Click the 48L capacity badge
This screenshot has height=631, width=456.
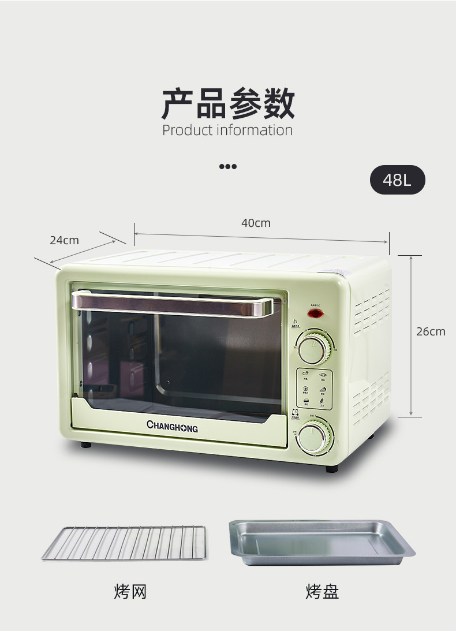[x=397, y=180]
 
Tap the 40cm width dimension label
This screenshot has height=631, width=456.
[x=256, y=223]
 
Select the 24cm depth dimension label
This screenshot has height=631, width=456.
[x=64, y=240]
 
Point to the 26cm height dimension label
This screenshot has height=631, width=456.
[x=431, y=331]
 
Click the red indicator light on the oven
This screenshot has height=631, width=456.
[x=315, y=314]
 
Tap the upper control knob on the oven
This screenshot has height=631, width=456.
[x=315, y=348]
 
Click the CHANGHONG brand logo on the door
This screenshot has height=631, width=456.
[x=172, y=427]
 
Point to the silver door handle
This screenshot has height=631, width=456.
[x=172, y=303]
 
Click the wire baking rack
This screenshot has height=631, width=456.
[x=124, y=543]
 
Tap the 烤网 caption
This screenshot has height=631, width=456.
[x=130, y=592]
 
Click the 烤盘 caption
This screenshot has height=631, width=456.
[x=322, y=592]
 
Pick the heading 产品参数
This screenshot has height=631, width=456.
[x=227, y=104]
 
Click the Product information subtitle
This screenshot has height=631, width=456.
[x=227, y=130]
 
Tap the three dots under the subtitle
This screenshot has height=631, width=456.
[x=227, y=167]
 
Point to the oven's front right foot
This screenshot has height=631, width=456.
[x=332, y=469]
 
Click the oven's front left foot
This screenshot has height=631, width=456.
[x=86, y=445]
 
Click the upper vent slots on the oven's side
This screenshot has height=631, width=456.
[x=371, y=311]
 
